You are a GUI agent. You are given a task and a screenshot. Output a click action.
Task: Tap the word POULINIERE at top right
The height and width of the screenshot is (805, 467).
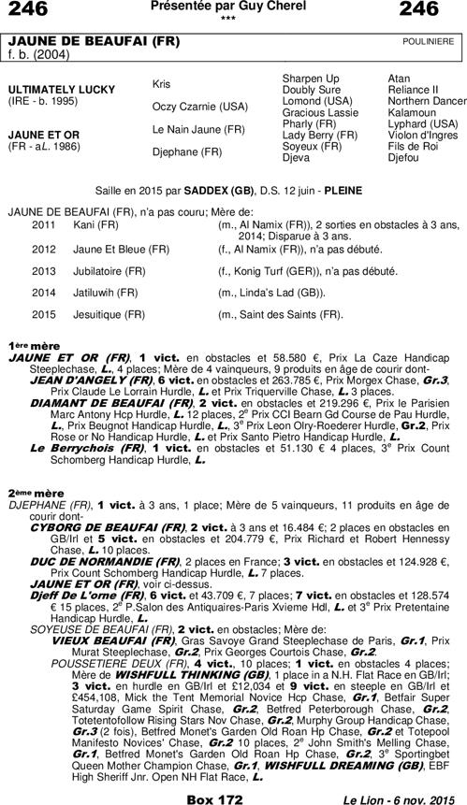428,41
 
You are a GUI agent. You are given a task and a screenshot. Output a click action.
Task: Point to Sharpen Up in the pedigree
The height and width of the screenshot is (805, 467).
311,76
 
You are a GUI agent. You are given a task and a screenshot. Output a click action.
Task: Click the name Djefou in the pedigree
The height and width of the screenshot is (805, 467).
405,157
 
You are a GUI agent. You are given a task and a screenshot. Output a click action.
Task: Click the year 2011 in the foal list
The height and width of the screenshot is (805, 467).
44,226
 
